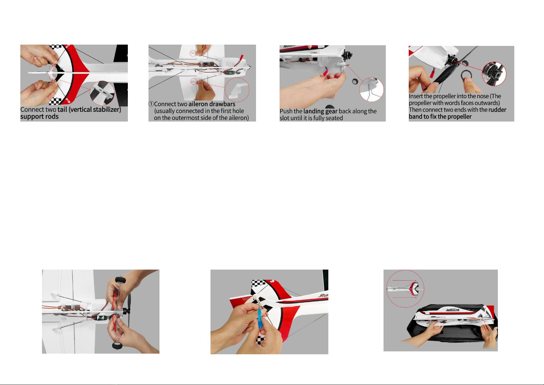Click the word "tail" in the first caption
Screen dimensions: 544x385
tap(62, 110)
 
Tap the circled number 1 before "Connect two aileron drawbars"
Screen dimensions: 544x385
tap(151, 104)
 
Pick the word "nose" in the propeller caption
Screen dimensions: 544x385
tap(483, 96)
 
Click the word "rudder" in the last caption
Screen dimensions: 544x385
tap(498, 110)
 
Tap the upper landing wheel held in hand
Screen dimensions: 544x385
tap(120, 280)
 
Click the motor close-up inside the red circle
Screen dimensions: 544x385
tap(494, 74)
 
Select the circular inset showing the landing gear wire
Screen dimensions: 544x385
tap(372, 89)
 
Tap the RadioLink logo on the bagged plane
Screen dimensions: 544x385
tap(453, 310)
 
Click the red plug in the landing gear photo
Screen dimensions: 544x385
tap(325, 71)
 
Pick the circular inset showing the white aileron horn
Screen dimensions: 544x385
tap(237, 90)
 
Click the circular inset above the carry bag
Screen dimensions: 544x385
tap(405, 289)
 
